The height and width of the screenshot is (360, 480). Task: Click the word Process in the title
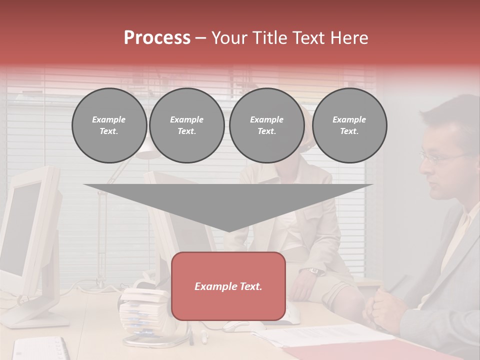click(x=157, y=37)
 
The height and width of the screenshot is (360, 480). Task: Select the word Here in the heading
click(x=349, y=37)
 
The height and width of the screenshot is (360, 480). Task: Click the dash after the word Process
click(x=201, y=38)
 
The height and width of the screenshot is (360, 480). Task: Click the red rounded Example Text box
click(x=228, y=286)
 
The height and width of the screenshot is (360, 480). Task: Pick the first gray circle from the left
click(x=109, y=125)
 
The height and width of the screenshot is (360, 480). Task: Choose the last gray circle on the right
click(x=349, y=125)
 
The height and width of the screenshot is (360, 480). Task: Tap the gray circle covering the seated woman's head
click(x=266, y=125)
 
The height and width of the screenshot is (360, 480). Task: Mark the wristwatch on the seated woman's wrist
click(x=314, y=271)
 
